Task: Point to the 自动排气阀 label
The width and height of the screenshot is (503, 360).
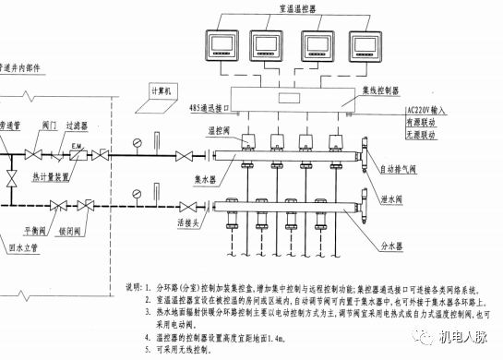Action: coord(402,171)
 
